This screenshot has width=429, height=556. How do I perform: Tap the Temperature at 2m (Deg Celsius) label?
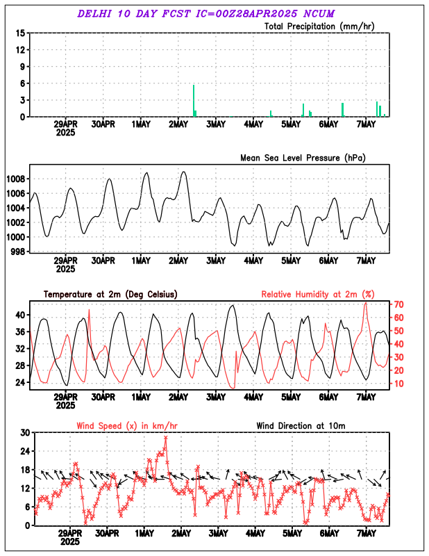click(110, 295)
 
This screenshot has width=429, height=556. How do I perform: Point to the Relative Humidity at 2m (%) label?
click(318, 295)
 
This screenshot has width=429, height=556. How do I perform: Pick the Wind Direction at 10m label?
click(301, 425)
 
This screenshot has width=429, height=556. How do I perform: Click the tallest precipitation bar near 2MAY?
click(194, 101)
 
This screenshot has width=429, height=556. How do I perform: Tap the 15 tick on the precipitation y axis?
click(20, 33)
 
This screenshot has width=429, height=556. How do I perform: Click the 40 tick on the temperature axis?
click(20, 315)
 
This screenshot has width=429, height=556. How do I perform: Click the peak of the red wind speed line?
click(165, 438)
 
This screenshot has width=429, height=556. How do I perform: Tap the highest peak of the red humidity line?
click(366, 303)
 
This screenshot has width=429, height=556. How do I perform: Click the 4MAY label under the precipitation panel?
click(253, 124)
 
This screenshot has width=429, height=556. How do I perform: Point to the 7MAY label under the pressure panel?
click(366, 261)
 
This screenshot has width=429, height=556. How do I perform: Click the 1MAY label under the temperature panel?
click(141, 397)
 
